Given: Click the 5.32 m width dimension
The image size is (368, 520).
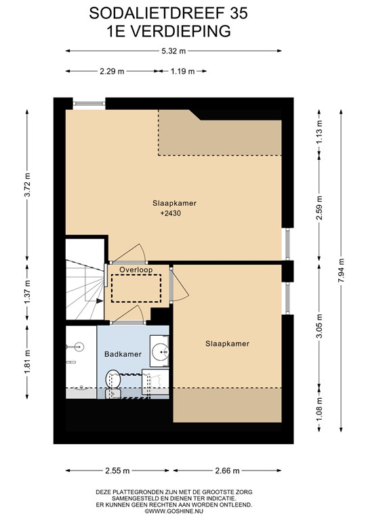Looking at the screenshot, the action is (x=173, y=51).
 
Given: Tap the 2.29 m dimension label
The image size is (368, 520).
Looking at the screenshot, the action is (x=112, y=71).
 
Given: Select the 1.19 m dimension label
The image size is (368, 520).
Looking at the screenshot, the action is (x=182, y=71).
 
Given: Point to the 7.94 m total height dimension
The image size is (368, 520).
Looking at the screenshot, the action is (x=341, y=270).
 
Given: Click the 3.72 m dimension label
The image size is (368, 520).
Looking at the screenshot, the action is (x=27, y=184).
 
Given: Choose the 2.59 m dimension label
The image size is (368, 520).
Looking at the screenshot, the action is (x=319, y=208).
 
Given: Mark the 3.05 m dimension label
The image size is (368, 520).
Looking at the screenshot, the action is (x=319, y=326).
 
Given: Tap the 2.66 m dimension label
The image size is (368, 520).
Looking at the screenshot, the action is (x=227, y=471).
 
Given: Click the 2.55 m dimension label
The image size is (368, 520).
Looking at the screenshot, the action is (x=117, y=471).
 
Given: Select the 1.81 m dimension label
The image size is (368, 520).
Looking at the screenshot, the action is (x=27, y=362).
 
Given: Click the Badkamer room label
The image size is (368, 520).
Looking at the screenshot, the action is (x=123, y=354).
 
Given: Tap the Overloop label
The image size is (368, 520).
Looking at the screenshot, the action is (x=136, y=269).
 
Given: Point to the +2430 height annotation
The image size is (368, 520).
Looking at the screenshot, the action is (x=171, y=213).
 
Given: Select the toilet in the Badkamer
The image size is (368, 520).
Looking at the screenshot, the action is (x=113, y=384).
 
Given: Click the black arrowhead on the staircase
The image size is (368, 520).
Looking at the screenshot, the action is (x=99, y=301).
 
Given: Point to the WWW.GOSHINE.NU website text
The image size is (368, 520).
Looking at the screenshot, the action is (x=176, y=511).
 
